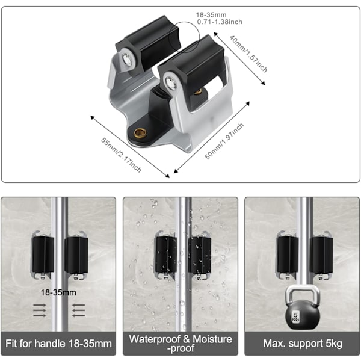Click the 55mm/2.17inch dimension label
pos(121,155)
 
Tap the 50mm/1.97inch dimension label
pos(224,141)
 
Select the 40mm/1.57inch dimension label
pos(248,54)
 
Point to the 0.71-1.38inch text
pos(220,22)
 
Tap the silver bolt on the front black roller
pos(171,82)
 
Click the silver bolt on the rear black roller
pos(127,59)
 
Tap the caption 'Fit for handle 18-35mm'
pos(58,344)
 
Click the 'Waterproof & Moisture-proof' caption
pos(180,344)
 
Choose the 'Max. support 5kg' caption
pos(303,344)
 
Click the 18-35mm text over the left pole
pos(58,292)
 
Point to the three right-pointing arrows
pos(40,310)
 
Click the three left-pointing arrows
pos(79,310)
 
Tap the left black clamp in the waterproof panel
pos(166,254)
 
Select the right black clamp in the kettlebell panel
pos(321,255)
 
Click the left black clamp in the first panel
pos(43,255)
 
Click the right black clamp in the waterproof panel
pos(199,255)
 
